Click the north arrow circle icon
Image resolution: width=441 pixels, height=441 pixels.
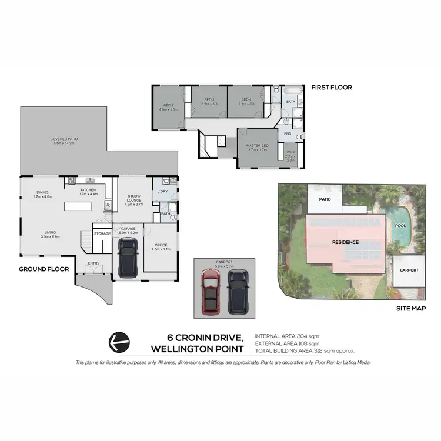119,341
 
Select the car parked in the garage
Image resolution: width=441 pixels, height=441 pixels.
127,257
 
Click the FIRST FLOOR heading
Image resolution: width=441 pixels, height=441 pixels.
331,88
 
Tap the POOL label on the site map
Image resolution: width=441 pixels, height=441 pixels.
400,225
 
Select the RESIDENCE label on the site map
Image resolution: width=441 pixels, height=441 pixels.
345,242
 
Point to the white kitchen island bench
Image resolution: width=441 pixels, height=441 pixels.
75,207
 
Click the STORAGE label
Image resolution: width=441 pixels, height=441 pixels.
102,233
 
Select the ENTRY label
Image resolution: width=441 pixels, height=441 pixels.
93,263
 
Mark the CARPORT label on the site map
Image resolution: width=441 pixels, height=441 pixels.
409,270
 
